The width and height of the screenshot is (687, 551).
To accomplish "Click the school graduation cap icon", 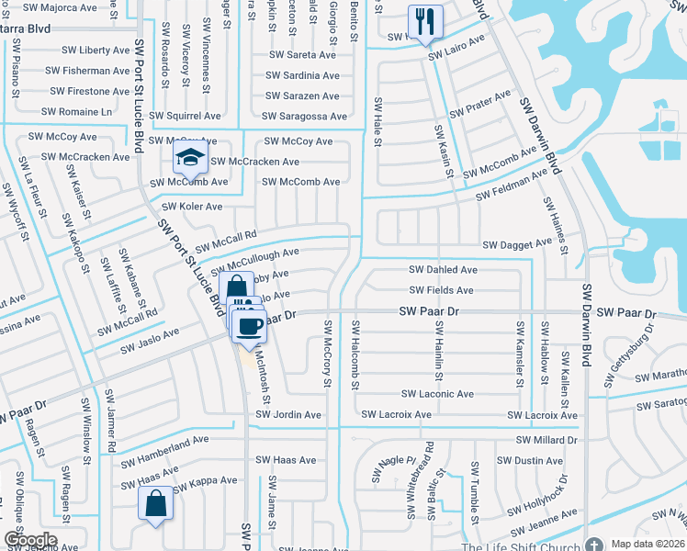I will click(x=190, y=160).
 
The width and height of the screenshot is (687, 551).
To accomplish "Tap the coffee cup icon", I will click(x=251, y=325).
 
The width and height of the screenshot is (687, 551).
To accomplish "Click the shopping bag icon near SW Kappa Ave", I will click(x=155, y=502).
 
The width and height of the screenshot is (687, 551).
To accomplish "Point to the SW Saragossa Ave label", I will click(x=304, y=117).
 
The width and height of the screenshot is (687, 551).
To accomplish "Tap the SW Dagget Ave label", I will click(x=518, y=244).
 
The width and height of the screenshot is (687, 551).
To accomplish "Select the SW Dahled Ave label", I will click(x=443, y=270).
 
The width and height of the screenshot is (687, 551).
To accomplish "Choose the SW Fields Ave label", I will click(x=442, y=290).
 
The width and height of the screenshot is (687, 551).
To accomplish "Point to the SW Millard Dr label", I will click(x=545, y=441).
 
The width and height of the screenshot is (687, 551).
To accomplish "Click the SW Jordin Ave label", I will click(x=288, y=415).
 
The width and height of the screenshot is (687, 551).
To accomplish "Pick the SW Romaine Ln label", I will click(x=81, y=112).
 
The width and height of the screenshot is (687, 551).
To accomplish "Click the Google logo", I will click(x=30, y=540).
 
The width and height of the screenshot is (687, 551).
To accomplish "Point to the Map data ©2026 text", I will click(x=648, y=544).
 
